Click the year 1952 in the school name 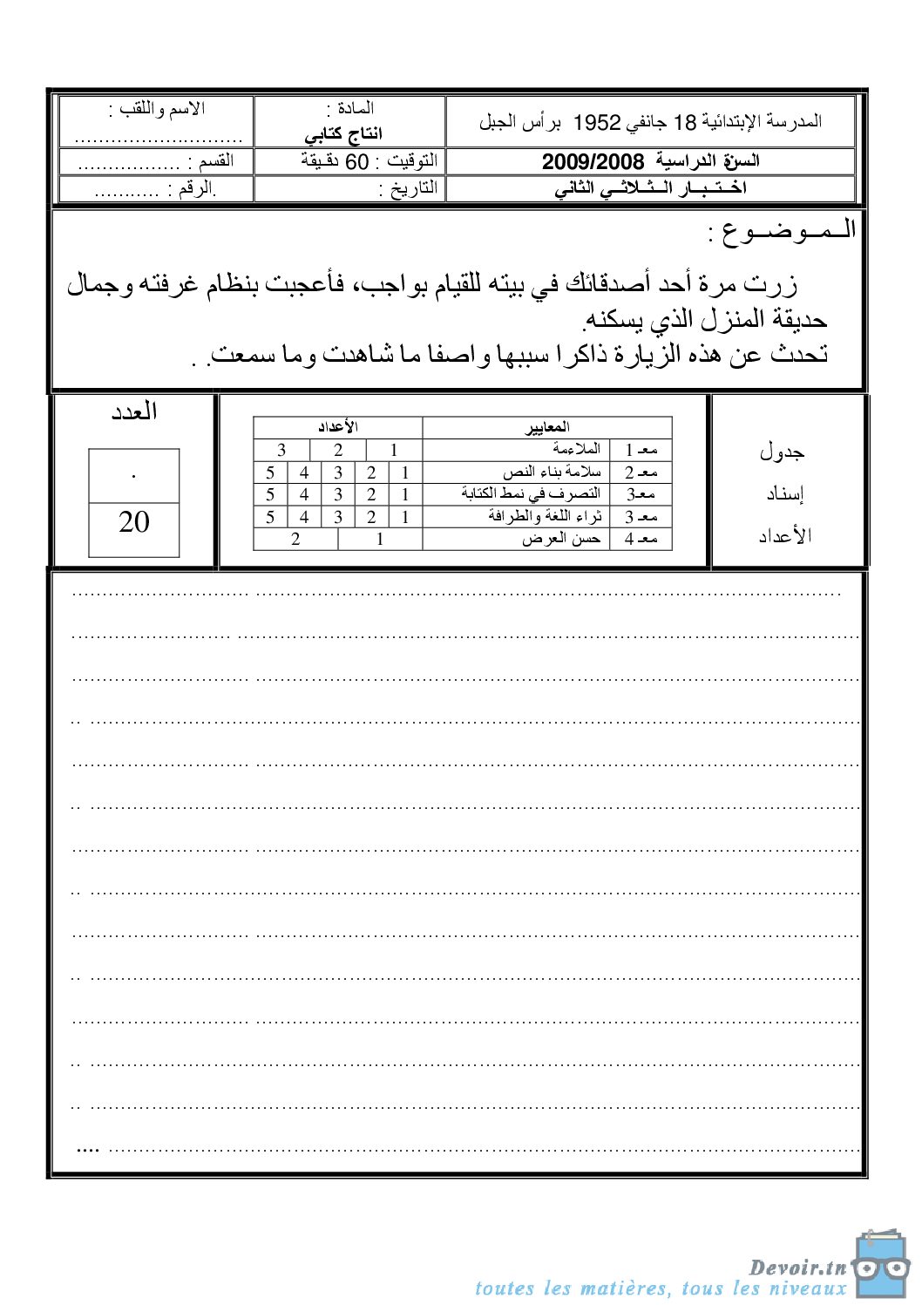tap(597, 122)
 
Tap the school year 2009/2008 tap(593, 161)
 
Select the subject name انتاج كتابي tap(343, 134)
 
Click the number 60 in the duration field tap(357, 162)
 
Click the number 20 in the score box tap(134, 521)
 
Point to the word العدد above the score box tap(134, 411)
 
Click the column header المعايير tap(548, 427)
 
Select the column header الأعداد tap(337, 427)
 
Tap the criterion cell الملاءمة tap(576, 449)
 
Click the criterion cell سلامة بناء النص tap(552, 472)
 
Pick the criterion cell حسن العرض tap(561, 539)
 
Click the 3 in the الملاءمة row tap(281, 450)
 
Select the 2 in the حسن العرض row tap(295, 540)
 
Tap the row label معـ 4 tap(641, 540)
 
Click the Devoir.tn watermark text tap(797, 1268)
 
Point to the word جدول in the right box tap(782, 452)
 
